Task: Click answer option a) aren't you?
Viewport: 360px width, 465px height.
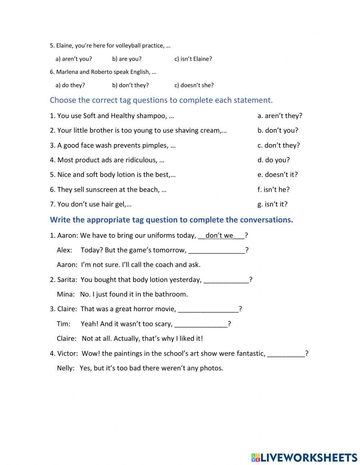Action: point(73,59)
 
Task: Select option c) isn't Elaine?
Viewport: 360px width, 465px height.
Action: point(193,59)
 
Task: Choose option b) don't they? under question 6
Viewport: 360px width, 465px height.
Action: point(130,85)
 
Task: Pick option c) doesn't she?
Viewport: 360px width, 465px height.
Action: point(194,85)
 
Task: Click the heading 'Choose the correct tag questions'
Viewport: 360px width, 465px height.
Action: point(161,100)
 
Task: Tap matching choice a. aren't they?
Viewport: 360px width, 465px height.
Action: point(280,116)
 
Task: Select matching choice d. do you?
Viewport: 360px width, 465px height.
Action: point(273,160)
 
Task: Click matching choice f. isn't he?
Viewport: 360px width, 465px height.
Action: point(273,189)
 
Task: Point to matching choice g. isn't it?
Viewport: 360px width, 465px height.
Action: point(272,204)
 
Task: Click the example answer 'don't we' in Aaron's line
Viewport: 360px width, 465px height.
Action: point(219,236)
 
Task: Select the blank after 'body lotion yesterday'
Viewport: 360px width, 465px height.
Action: point(226,280)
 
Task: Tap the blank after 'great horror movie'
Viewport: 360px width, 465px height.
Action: point(208,309)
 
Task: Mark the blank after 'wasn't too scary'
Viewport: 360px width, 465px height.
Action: point(201,324)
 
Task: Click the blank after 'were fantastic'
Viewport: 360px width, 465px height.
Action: point(286,353)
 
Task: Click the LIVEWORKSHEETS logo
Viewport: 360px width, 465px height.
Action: point(304,457)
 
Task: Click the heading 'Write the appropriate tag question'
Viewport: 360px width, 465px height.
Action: point(171,220)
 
